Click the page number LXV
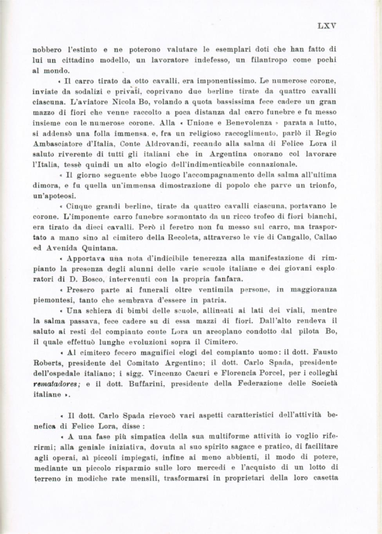point(326,25)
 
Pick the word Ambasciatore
point(57,144)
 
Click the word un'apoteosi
point(55,195)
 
